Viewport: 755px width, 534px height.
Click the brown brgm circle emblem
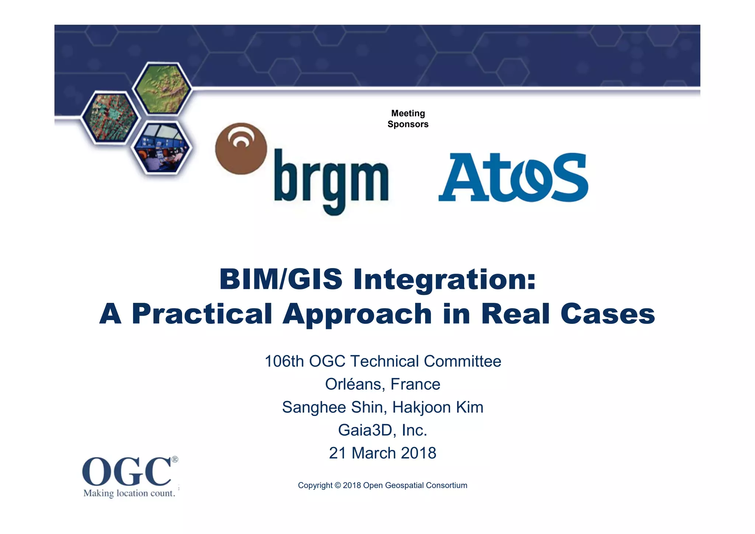(241, 148)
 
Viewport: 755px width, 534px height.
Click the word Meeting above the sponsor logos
(408, 113)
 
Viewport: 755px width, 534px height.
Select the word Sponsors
(408, 124)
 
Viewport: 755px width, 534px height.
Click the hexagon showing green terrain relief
(162, 89)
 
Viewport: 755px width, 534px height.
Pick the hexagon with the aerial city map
(110, 117)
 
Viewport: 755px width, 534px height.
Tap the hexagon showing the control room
(161, 148)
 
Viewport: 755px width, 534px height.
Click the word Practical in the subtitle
(202, 314)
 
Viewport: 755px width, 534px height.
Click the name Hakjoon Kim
(438, 408)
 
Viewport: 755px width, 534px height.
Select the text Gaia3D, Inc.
(382, 430)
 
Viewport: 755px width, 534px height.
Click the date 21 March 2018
(382, 453)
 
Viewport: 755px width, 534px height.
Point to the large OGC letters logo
(126, 472)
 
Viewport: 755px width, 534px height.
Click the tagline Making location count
(129, 493)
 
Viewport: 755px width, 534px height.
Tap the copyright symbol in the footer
(338, 486)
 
